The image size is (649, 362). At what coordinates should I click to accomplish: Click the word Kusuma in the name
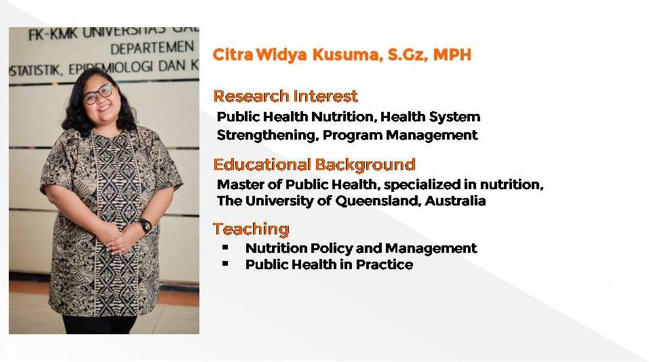pyautogui.click(x=347, y=55)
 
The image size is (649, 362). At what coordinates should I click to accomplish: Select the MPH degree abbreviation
pyautogui.click(x=452, y=55)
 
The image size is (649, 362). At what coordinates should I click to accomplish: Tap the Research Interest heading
pyautogui.click(x=286, y=96)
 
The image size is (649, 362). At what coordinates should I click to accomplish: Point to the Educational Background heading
pyautogui.click(x=314, y=164)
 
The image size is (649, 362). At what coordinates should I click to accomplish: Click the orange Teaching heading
pyautogui.click(x=251, y=229)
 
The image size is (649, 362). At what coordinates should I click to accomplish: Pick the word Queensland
pyautogui.click(x=378, y=201)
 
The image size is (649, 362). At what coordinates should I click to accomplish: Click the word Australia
pyautogui.click(x=455, y=201)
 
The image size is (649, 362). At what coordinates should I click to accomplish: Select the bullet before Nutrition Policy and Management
pyautogui.click(x=225, y=247)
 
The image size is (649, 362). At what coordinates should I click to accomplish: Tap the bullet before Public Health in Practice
pyautogui.click(x=225, y=263)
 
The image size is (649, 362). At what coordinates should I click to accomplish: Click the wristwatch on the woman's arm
pyautogui.click(x=145, y=225)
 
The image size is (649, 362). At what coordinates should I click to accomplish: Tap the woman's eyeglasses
pyautogui.click(x=98, y=94)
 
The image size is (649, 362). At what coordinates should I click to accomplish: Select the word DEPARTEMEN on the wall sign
pyautogui.click(x=152, y=48)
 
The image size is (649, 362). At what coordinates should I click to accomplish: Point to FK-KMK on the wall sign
pyautogui.click(x=53, y=35)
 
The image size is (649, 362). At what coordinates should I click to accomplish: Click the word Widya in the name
pyautogui.click(x=281, y=55)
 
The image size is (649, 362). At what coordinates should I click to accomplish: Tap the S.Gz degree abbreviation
pyautogui.click(x=408, y=55)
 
